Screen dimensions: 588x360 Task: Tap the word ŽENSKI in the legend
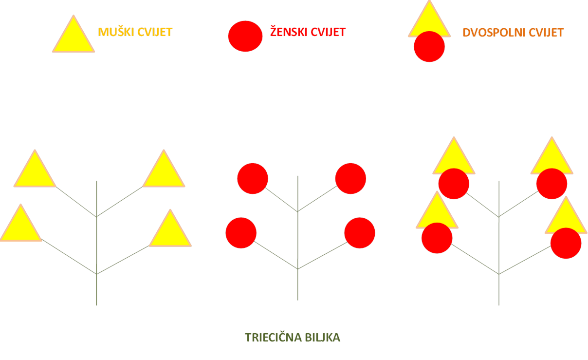pos(289,32)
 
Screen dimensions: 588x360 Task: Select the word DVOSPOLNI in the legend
pos(494,33)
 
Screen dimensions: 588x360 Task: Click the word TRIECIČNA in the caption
pos(273,338)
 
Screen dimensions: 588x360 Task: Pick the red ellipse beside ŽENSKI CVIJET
pos(245,36)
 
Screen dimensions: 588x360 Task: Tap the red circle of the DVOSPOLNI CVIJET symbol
pos(429,46)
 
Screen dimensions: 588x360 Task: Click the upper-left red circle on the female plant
pos(253,178)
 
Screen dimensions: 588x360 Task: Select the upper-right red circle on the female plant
pos(350,178)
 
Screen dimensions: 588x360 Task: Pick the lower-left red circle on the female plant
pos(241,232)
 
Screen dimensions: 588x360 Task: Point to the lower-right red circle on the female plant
pos(360,232)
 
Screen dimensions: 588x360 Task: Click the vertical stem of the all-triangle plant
pos(96,243)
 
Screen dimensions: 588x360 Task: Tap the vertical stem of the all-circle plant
pos(298,238)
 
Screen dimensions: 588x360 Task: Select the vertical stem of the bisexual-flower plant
pos(499,243)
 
